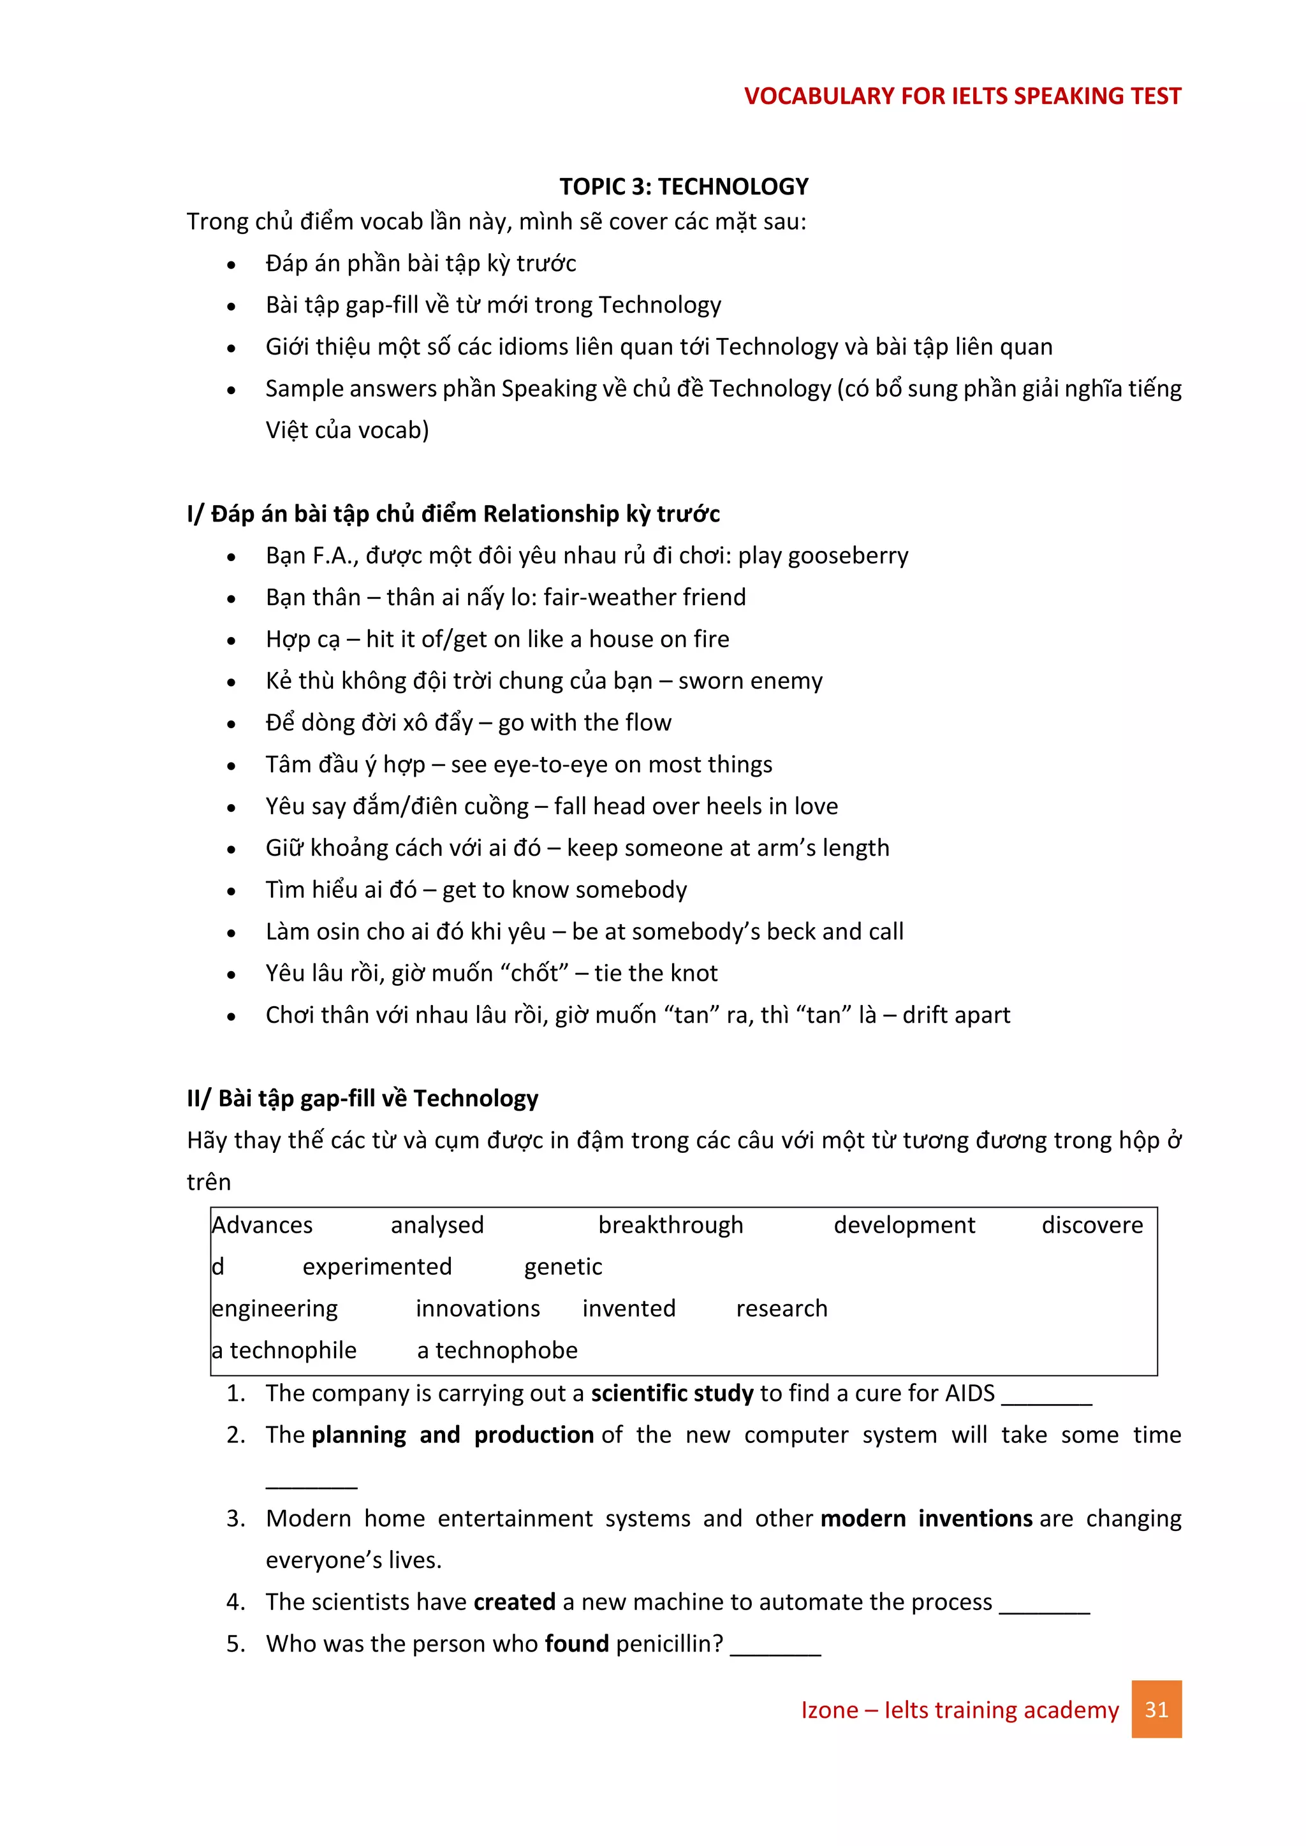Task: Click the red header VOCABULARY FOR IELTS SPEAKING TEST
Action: (x=962, y=96)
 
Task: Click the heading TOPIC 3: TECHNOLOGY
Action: (x=684, y=187)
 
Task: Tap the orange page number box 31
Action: (x=1156, y=1710)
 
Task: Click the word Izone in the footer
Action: (x=829, y=1710)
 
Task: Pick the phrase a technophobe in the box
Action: (x=497, y=1351)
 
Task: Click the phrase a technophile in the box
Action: (x=284, y=1351)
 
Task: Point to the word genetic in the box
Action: (x=563, y=1267)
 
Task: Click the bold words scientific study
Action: (x=672, y=1393)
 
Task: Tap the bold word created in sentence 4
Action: (x=514, y=1602)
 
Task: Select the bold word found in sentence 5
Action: (x=576, y=1645)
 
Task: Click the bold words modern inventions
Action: (x=927, y=1519)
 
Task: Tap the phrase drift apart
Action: (x=955, y=1016)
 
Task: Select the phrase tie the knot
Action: (x=656, y=974)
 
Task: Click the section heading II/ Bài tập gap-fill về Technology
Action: (x=362, y=1099)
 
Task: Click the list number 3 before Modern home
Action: (x=234, y=1519)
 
